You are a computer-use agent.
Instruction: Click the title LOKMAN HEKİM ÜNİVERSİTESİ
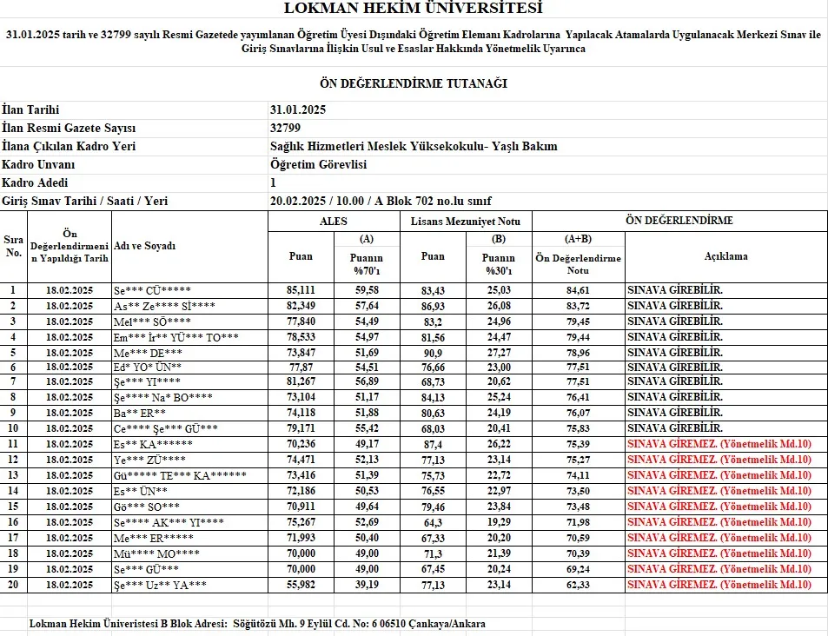[x=413, y=9]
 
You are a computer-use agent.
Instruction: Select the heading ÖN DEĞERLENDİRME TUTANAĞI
[x=413, y=83]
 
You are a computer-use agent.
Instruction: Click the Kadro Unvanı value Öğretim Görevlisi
[x=318, y=164]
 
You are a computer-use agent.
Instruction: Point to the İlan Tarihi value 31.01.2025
[x=298, y=109]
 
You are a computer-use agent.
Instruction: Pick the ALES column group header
[x=333, y=221]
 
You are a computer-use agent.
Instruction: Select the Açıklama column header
[x=725, y=256]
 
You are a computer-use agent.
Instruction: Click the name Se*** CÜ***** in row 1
[x=153, y=290]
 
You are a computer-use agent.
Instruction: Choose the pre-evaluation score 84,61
[x=578, y=290]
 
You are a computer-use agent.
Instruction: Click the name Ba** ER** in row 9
[x=140, y=414]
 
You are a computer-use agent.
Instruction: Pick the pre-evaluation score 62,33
[x=578, y=585]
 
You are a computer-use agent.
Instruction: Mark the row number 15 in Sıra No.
[x=13, y=507]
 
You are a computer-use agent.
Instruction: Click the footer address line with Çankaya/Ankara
[x=257, y=624]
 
